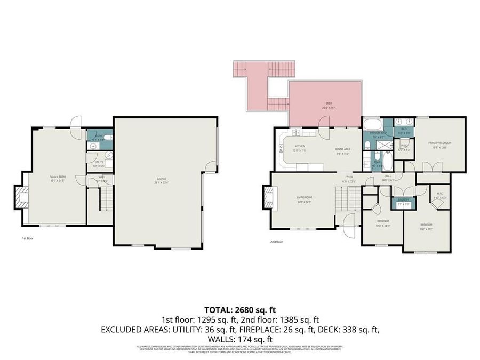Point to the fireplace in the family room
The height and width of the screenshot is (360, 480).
(x=21, y=197)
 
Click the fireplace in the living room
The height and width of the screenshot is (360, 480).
(x=267, y=200)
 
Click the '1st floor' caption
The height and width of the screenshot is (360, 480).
(x=28, y=238)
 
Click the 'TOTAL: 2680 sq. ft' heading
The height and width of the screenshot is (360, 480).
(x=240, y=310)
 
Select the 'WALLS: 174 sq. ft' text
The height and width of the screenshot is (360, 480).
(x=240, y=339)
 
